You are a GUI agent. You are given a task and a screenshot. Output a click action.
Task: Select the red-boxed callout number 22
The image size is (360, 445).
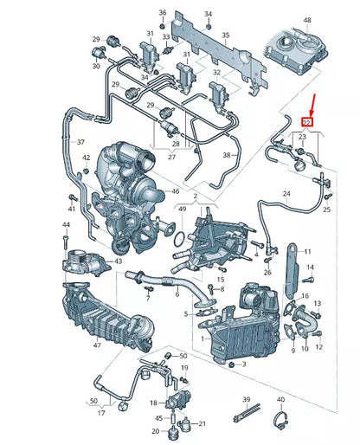tap(304, 123)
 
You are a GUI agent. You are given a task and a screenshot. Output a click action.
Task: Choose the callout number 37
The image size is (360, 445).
tap(80, 142)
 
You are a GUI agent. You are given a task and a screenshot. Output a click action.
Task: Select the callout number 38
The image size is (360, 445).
tap(228, 155)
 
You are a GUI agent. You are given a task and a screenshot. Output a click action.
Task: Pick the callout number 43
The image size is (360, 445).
tap(118, 261)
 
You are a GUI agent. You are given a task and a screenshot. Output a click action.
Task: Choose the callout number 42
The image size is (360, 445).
tap(85, 158)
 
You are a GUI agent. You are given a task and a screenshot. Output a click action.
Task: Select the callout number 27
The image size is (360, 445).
tap(170, 157)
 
